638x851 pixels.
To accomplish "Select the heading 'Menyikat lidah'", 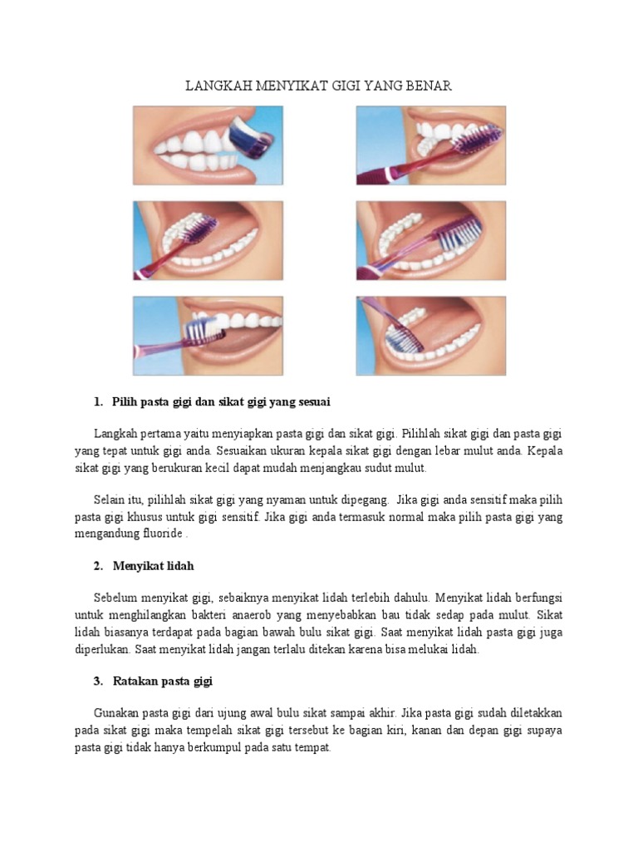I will [x=154, y=566].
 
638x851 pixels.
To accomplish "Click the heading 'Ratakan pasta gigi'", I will [x=163, y=681].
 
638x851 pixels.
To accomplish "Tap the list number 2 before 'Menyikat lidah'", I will [x=98, y=566].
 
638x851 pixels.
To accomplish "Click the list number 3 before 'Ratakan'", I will [x=98, y=681].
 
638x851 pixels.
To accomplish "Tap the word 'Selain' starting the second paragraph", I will [x=112, y=500].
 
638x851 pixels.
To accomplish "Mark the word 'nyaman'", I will [x=284, y=500].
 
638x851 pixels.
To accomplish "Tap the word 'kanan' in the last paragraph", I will [x=428, y=730].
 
